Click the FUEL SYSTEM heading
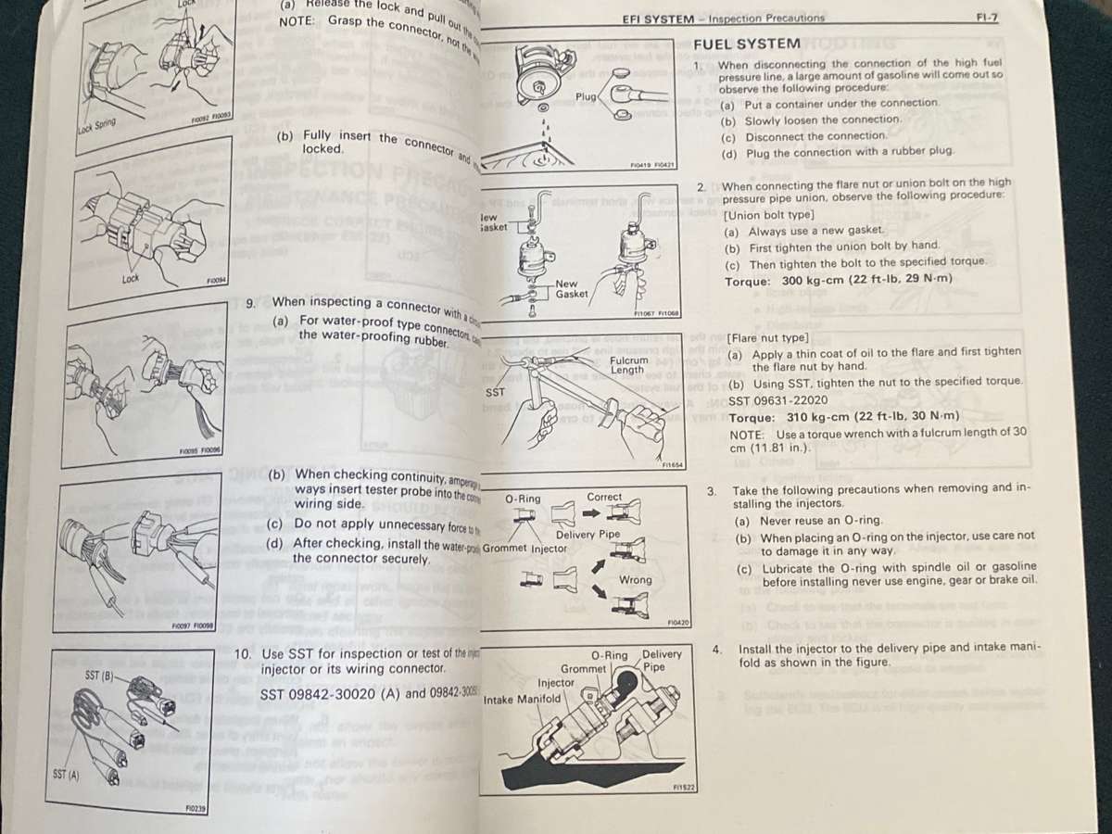746,44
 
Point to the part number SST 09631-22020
777,399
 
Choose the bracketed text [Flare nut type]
767,337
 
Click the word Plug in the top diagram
586,96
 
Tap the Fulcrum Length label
628,365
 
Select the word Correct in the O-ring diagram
604,497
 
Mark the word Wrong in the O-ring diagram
635,580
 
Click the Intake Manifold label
522,700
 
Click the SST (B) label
99,676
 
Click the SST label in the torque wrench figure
496,392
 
